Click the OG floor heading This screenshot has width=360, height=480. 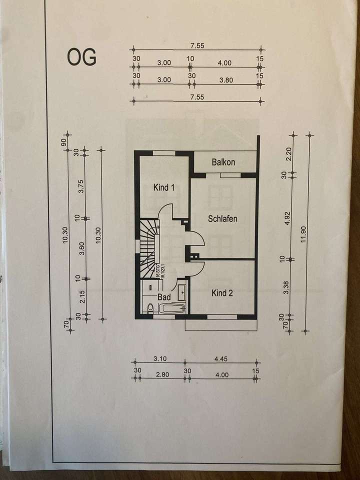82,57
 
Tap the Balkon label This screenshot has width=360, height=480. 223,162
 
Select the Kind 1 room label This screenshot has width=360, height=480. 163,188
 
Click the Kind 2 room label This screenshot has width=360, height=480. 222,293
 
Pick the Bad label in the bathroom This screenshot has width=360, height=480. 164,297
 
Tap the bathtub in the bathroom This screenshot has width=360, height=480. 173,308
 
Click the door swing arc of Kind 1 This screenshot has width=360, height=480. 166,210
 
